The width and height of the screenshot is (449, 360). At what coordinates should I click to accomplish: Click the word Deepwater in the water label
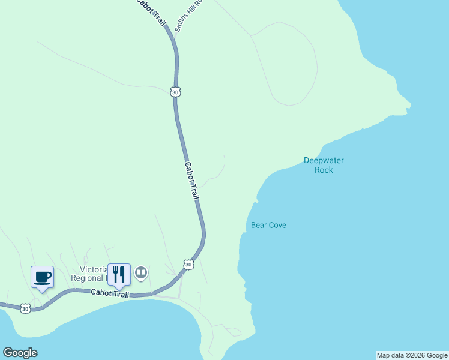(x=324, y=160)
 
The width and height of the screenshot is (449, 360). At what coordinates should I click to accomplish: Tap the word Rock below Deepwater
(x=324, y=170)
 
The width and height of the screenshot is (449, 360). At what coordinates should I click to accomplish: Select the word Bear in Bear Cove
(x=258, y=225)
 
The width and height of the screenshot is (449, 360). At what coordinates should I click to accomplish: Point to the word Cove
(x=277, y=225)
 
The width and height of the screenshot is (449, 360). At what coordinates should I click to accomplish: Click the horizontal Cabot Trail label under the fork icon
(x=110, y=293)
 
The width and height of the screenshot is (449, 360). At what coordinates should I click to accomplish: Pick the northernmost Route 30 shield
(x=175, y=92)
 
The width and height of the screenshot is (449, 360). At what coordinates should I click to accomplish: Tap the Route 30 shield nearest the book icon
(x=188, y=265)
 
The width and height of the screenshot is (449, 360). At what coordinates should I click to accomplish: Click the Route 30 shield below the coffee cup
(x=25, y=308)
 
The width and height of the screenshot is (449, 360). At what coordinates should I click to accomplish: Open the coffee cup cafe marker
(x=42, y=277)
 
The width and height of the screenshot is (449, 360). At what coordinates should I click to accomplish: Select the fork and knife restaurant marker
(x=119, y=274)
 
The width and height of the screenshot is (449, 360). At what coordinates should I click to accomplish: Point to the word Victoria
(x=94, y=269)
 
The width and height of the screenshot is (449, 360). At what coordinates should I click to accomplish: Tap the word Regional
(x=88, y=278)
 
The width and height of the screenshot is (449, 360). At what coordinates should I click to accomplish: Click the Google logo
(x=20, y=353)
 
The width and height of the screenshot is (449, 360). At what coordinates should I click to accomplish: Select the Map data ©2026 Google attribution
(x=412, y=355)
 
